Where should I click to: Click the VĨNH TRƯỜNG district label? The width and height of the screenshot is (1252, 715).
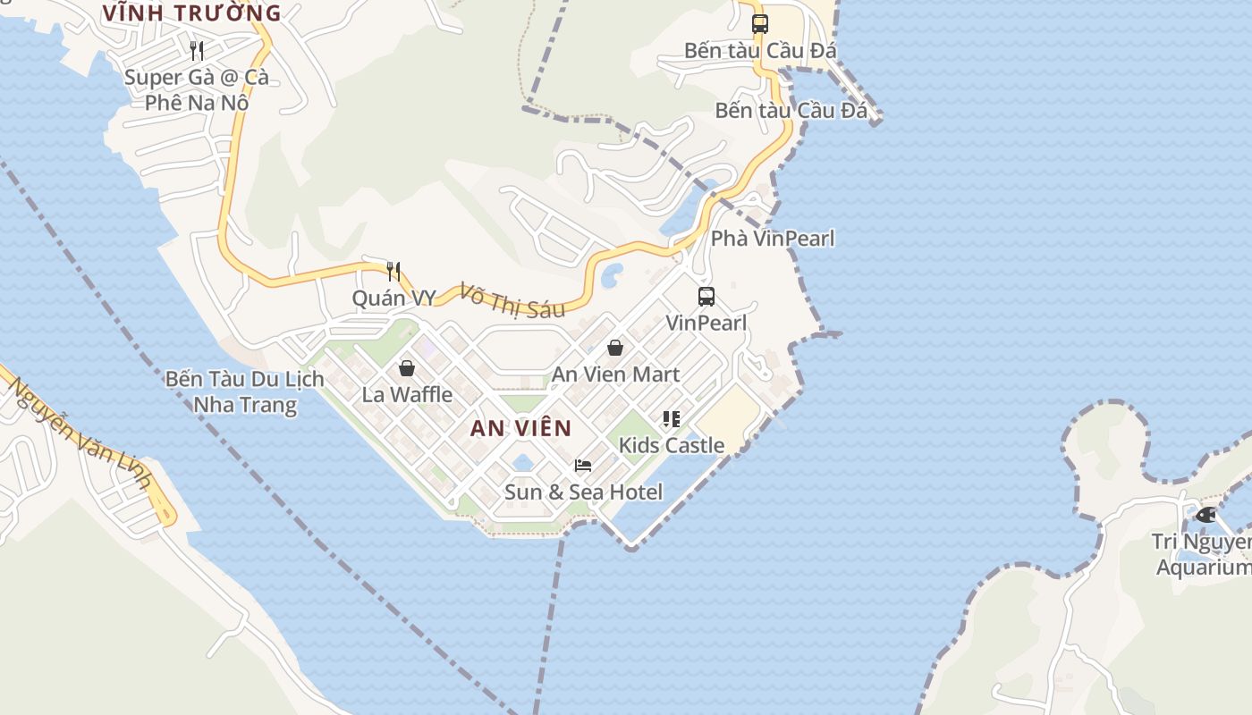tap(191, 13)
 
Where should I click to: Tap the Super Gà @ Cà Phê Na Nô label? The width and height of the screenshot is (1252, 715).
tap(197, 89)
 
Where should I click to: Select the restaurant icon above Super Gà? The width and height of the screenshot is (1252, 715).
tap(197, 50)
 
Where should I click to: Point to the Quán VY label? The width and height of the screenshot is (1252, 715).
tap(393, 299)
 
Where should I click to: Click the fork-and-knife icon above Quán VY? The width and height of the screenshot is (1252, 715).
tap(393, 271)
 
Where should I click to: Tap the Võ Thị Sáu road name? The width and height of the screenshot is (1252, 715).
tap(512, 300)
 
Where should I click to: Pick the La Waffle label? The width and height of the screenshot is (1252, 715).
tap(407, 394)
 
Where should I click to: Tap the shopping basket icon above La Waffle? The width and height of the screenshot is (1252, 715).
tap(407, 367)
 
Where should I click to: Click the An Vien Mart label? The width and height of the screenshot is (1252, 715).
tap(615, 374)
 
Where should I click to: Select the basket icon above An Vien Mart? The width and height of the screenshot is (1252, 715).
tap(615, 348)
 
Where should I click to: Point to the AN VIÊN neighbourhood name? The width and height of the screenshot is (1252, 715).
tap(520, 428)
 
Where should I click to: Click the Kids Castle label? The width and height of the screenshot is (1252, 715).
tap(672, 445)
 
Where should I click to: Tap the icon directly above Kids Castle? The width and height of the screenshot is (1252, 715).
tap(672, 418)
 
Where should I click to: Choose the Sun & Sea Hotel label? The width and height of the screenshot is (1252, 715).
tap(584, 492)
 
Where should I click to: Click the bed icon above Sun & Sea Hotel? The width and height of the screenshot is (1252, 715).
tap(583, 465)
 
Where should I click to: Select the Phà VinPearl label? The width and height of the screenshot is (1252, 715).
tap(773, 239)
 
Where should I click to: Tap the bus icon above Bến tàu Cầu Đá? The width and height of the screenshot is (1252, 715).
tap(760, 24)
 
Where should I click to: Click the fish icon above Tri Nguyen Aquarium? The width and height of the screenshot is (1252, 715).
tap(1205, 515)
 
